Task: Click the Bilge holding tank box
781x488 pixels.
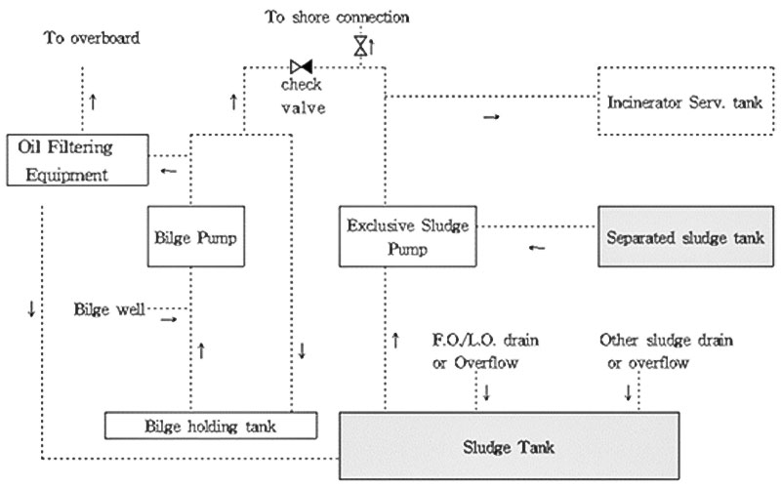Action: point(212,426)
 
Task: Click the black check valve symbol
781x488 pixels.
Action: point(301,66)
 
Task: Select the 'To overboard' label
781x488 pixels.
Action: point(92,39)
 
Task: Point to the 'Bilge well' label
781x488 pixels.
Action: point(107,310)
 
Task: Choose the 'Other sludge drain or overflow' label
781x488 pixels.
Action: point(666,351)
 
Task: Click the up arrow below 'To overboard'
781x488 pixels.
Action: point(93,101)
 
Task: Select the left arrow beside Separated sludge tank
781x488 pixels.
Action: point(537,249)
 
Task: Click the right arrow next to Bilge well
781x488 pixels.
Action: point(169,318)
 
